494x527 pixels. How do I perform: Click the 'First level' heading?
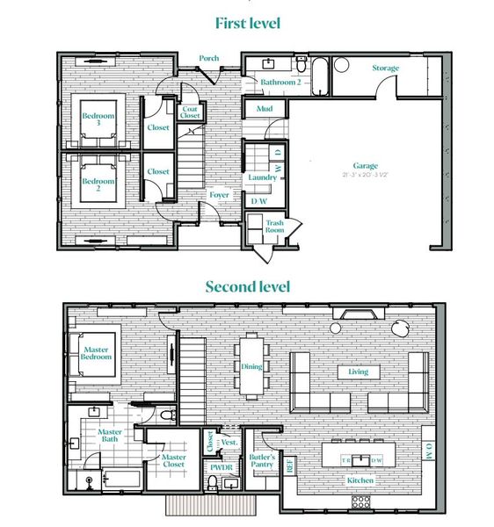click(246, 21)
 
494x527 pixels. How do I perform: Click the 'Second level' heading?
click(247, 286)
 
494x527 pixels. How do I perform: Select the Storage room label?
click(385, 68)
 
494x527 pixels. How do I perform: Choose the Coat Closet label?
click(190, 112)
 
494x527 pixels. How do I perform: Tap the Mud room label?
click(264, 110)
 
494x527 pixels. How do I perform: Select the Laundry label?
click(262, 177)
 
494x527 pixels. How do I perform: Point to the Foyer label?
click(218, 195)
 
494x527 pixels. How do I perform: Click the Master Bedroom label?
click(97, 353)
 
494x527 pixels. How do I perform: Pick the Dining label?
click(251, 367)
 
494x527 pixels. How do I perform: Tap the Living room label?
click(358, 372)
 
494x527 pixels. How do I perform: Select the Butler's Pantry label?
click(262, 462)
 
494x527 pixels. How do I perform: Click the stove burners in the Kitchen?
click(361, 502)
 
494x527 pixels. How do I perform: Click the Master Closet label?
click(173, 460)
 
